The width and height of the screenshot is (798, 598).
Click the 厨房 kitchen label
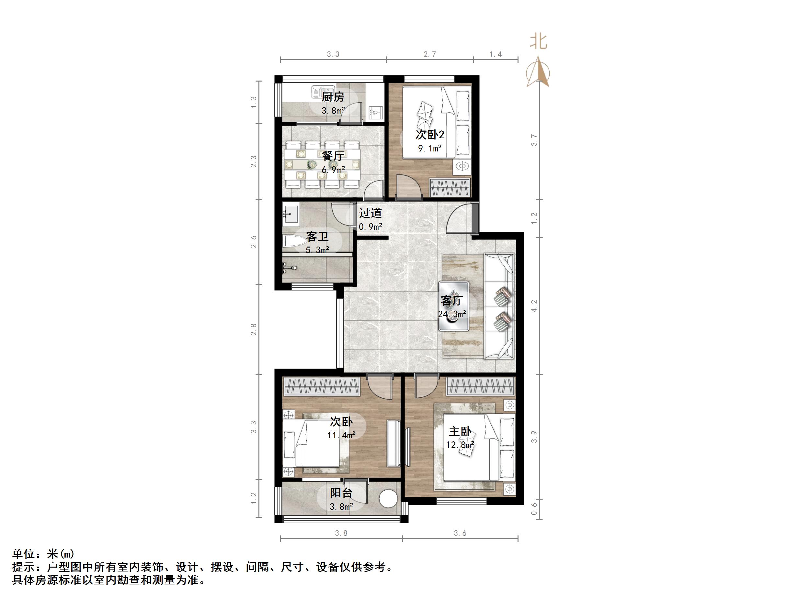click(x=333, y=97)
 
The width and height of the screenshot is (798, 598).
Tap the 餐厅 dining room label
click(x=333, y=156)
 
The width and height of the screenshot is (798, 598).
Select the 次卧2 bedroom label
click(x=430, y=135)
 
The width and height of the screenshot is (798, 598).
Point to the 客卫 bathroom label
click(x=317, y=237)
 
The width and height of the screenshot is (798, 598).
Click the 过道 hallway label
click(x=370, y=213)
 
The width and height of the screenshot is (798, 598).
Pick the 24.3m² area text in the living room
click(x=452, y=314)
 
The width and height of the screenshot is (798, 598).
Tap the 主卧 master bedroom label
click(x=460, y=431)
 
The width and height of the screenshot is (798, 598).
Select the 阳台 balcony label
click(x=341, y=493)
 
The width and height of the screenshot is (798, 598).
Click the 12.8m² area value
click(x=460, y=445)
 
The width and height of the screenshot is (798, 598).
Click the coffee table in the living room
click(x=453, y=306)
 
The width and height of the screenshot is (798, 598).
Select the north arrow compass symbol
click(x=538, y=72)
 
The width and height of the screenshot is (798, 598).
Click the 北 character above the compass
click(x=539, y=41)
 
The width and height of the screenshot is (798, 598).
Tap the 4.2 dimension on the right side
click(x=534, y=306)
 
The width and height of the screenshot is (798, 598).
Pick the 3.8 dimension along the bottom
click(x=341, y=533)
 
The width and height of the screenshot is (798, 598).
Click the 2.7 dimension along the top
click(x=429, y=54)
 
